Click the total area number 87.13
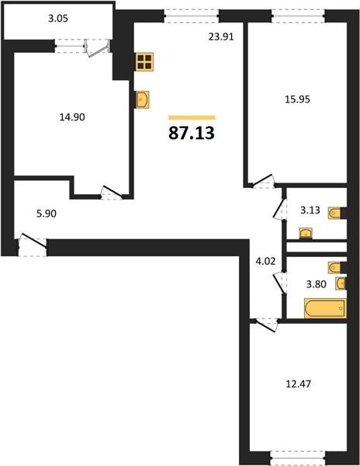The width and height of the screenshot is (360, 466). (192, 133)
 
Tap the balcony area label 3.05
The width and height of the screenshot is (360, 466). (58, 19)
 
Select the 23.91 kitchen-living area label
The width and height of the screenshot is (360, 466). (221, 37)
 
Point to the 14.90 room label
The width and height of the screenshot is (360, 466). (72, 117)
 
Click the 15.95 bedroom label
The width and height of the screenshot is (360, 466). (297, 99)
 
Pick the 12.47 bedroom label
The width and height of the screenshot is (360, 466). (298, 384)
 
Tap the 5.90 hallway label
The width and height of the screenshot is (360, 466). (47, 214)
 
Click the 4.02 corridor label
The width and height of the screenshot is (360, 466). (265, 261)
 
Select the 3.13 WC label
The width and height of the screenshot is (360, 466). (310, 210)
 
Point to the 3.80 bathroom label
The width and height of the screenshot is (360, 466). (316, 284)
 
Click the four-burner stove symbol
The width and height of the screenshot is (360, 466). (144, 62)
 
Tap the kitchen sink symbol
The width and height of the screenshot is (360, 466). (141, 99)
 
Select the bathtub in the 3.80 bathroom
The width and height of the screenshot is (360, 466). (325, 308)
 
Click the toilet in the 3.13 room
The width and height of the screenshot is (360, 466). (334, 213)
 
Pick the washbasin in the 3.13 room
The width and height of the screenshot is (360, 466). (306, 233)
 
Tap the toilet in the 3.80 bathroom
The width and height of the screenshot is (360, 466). (334, 267)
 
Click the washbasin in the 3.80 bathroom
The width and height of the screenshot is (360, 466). (341, 283)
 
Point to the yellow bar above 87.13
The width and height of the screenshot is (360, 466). (192, 118)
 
